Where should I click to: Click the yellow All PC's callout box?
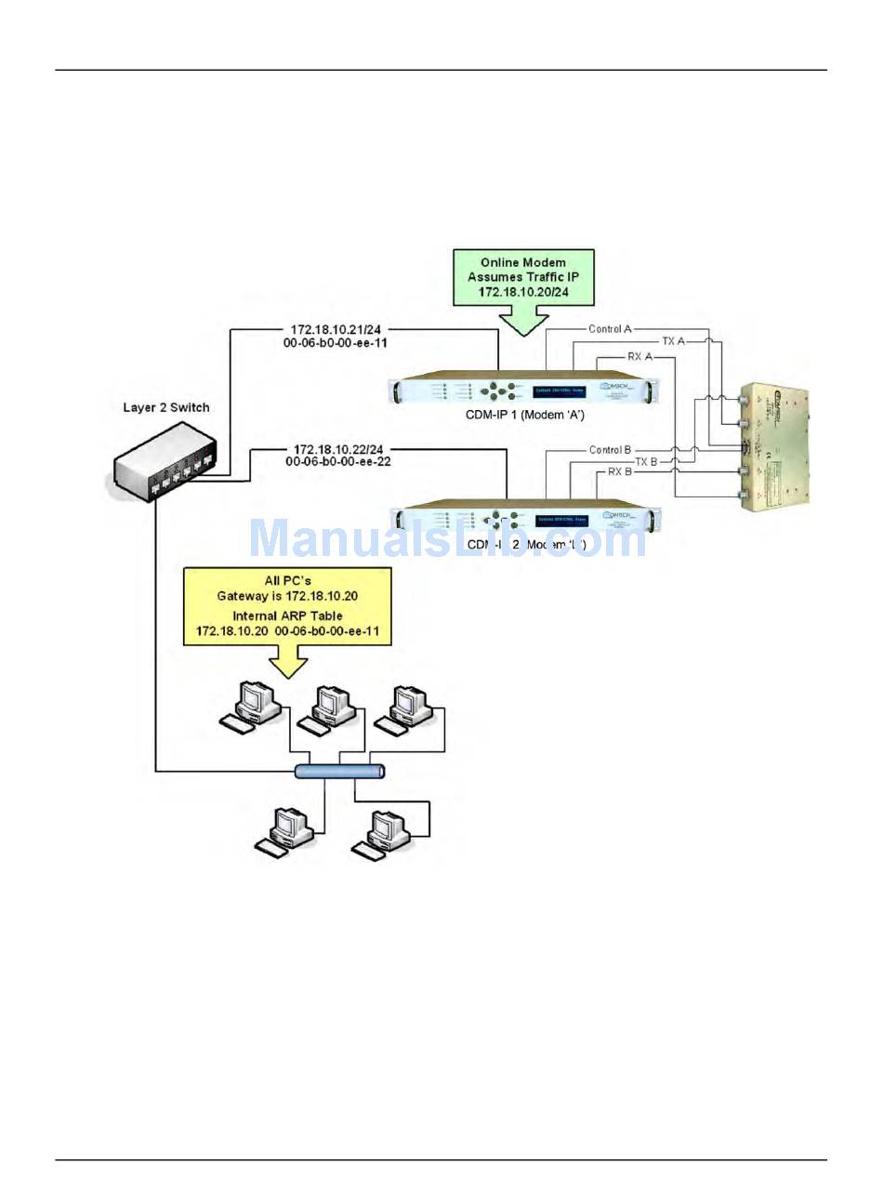(x=287, y=604)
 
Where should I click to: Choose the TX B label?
(x=647, y=461)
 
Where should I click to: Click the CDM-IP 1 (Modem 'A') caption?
(x=524, y=415)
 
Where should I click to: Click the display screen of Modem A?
(x=556, y=390)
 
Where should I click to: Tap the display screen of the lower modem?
(x=556, y=519)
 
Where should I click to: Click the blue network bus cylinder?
(x=339, y=771)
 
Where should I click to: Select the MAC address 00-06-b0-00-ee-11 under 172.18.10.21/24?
(x=336, y=341)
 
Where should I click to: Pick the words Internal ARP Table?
(x=287, y=615)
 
